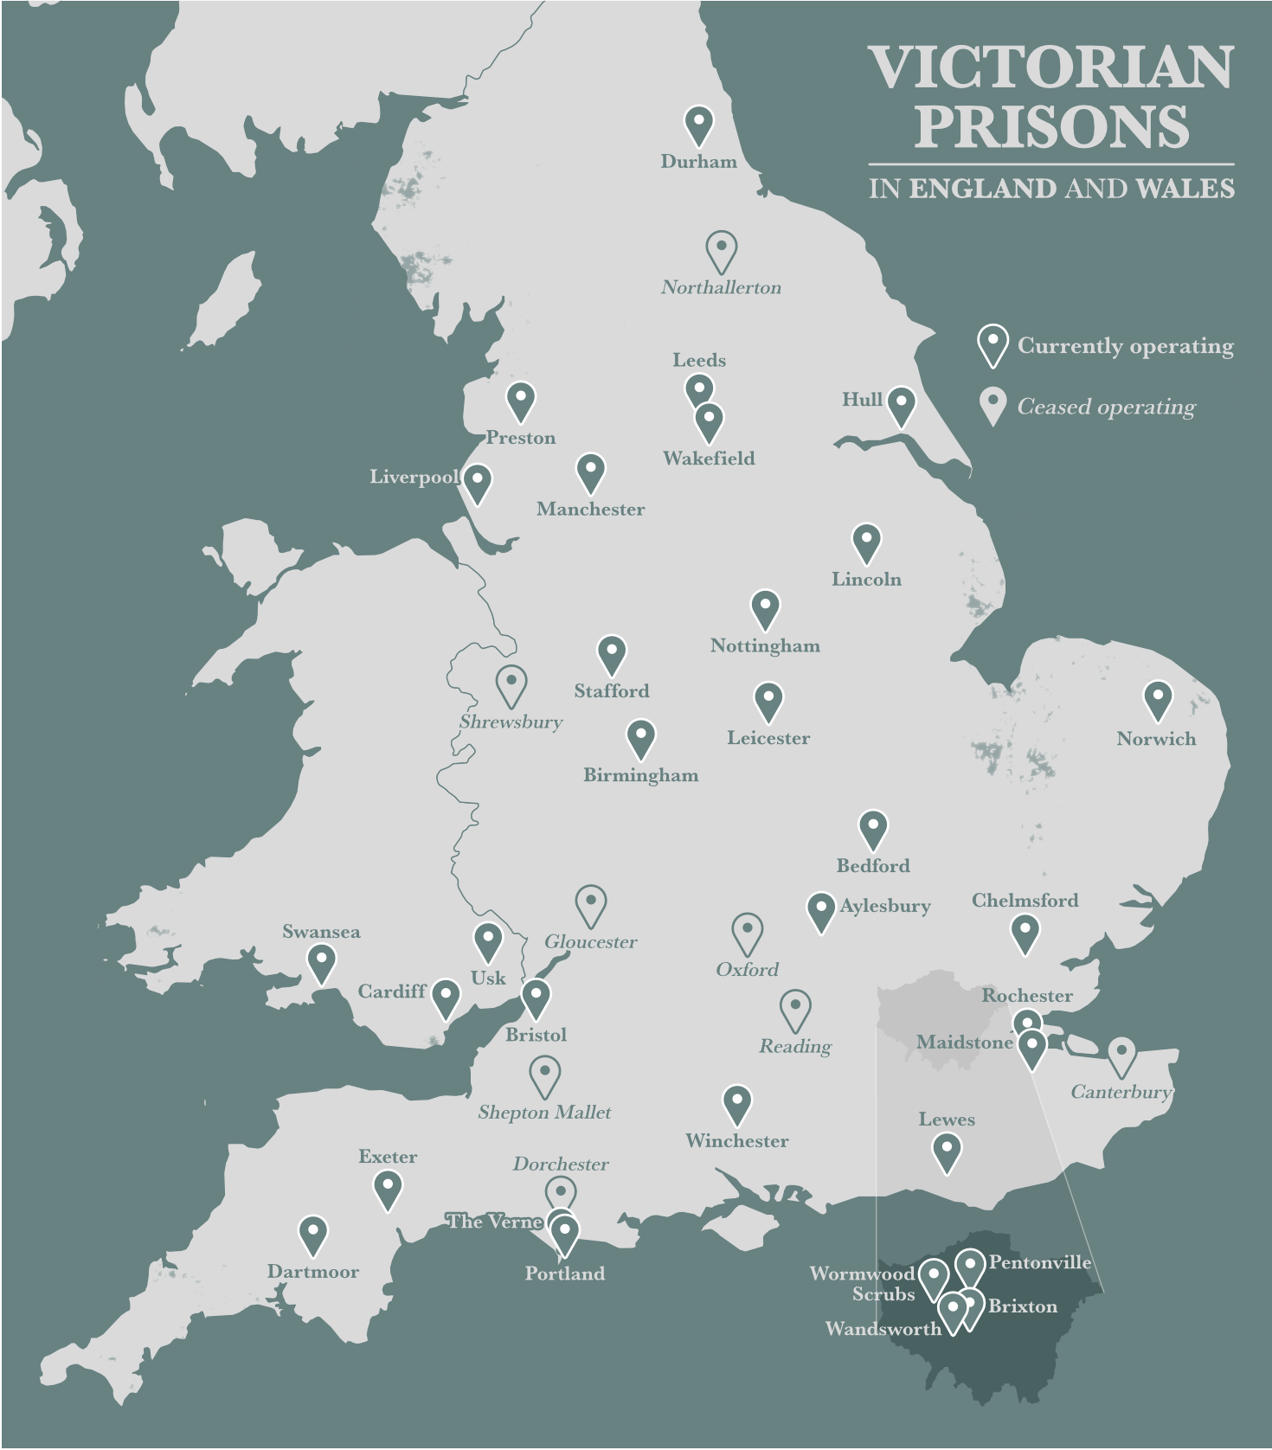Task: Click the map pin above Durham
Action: click(698, 125)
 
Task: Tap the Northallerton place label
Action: click(721, 287)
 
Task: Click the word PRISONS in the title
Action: click(1051, 127)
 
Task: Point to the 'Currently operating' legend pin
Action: click(993, 344)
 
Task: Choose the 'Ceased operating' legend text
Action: click(1106, 407)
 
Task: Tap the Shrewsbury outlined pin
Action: click(511, 684)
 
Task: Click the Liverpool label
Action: click(414, 477)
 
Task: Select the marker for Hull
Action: click(901, 405)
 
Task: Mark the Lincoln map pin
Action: click(866, 542)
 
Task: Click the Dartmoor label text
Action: click(312, 1272)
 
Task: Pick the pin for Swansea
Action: click(321, 962)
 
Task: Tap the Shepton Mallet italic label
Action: click(544, 1113)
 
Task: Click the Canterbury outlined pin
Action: click(1121, 1055)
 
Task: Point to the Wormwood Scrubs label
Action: click(862, 1284)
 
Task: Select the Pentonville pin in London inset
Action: click(970, 1267)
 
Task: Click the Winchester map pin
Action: click(736, 1104)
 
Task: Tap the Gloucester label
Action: click(590, 942)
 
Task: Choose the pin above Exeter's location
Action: click(388, 1189)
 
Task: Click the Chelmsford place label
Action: click(1025, 901)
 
